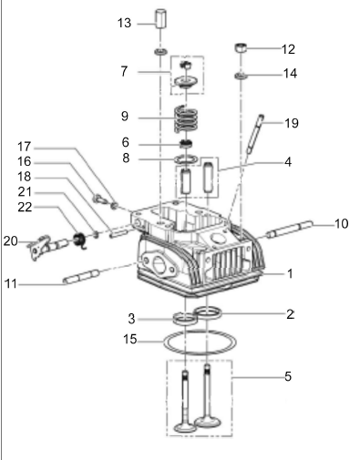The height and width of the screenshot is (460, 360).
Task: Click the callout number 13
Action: pyautogui.click(x=124, y=23)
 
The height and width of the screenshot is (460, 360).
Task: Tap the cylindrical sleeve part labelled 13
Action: pyautogui.click(x=161, y=19)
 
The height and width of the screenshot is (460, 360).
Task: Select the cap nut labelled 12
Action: pyautogui.click(x=241, y=48)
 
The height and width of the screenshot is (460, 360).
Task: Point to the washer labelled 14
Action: pyautogui.click(x=241, y=76)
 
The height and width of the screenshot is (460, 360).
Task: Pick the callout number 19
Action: pyautogui.click(x=292, y=123)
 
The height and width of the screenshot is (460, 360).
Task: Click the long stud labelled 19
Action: pyautogui.click(x=254, y=134)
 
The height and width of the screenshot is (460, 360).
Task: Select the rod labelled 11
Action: pyautogui.click(x=81, y=276)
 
